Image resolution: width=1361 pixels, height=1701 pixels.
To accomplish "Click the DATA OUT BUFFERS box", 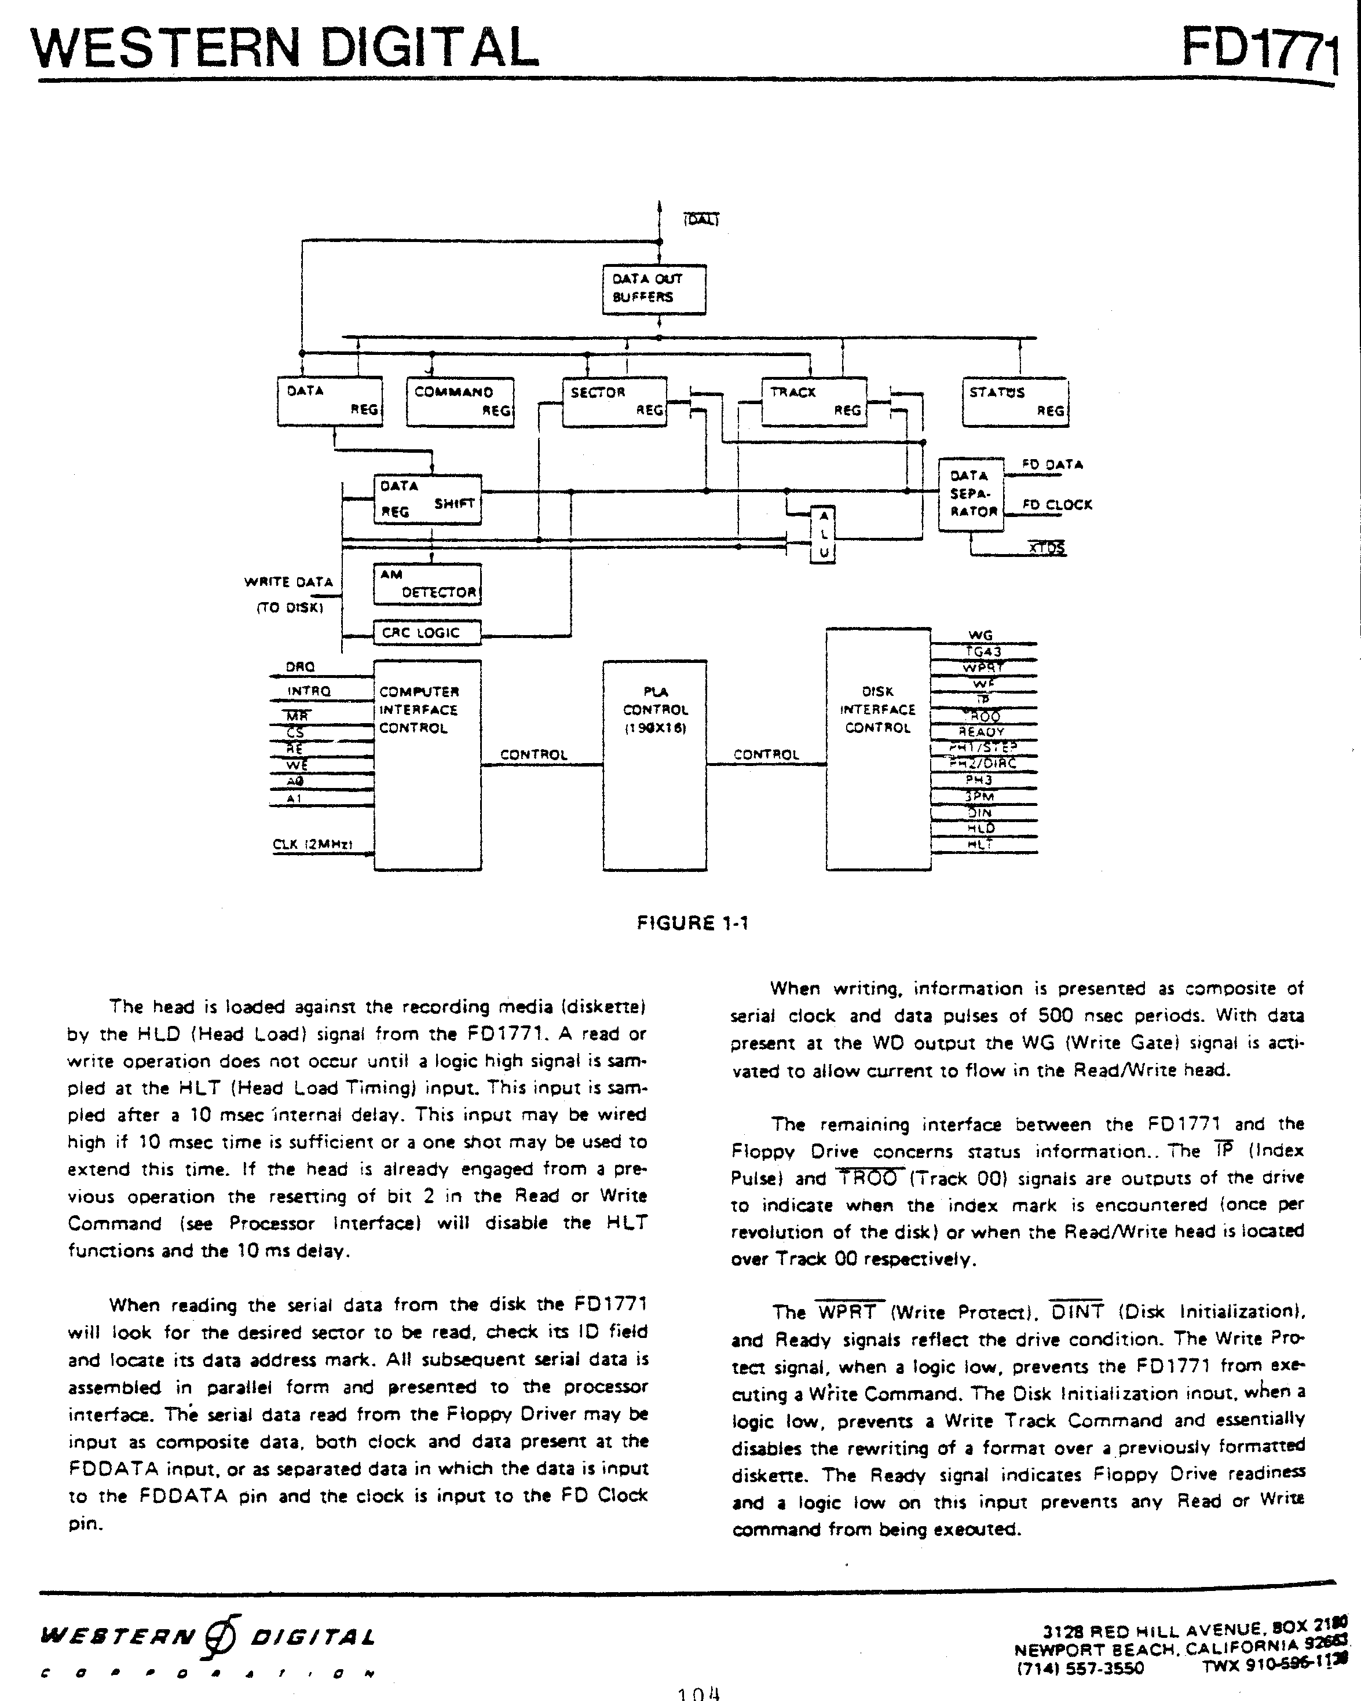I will click(654, 289).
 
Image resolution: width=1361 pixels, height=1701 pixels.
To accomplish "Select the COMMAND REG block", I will click(460, 402).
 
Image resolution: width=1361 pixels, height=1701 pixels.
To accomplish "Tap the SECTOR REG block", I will click(614, 402).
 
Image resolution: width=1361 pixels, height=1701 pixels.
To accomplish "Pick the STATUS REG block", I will click(1015, 402).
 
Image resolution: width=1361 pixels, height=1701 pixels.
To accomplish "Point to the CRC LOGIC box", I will click(427, 633).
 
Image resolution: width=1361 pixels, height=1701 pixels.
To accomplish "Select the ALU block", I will click(823, 534).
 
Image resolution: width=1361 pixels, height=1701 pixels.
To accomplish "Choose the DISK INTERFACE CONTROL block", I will click(878, 750).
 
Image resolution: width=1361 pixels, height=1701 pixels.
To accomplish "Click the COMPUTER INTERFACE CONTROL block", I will click(427, 765).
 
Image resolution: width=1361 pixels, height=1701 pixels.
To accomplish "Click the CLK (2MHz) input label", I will click(312, 845).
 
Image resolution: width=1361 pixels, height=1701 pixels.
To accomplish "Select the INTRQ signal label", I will click(309, 691).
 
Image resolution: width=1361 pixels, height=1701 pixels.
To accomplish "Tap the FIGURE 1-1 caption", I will click(692, 923).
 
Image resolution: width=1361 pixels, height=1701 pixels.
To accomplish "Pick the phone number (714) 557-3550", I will click(1080, 1667).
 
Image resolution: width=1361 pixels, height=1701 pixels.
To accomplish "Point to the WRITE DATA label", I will click(289, 582).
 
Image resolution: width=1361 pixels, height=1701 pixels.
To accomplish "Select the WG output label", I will click(980, 636).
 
